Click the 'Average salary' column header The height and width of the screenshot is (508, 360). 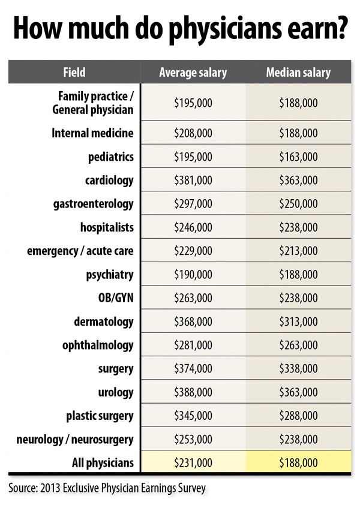pos(193,73)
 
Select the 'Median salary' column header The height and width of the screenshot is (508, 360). pos(298,73)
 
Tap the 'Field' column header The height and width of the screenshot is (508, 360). pos(74,73)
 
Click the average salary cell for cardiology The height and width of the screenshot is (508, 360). pos(193,181)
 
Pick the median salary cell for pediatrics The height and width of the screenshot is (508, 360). pos(298,157)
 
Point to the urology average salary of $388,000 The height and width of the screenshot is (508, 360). pos(193,392)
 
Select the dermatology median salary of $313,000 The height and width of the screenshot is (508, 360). pos(298,322)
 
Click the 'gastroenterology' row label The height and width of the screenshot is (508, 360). pos(94,204)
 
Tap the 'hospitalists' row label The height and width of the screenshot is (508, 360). pos(107,228)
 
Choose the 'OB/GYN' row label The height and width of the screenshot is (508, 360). pos(114,298)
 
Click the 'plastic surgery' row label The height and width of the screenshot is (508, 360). pos(100,416)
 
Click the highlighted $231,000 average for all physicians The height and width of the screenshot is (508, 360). pos(193,462)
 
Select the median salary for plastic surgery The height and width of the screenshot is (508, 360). pos(298,416)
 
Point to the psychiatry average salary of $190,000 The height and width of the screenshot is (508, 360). pos(193,275)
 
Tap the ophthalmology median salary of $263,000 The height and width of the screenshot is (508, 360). pos(298,345)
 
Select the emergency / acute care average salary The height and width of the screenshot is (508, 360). pos(193,251)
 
